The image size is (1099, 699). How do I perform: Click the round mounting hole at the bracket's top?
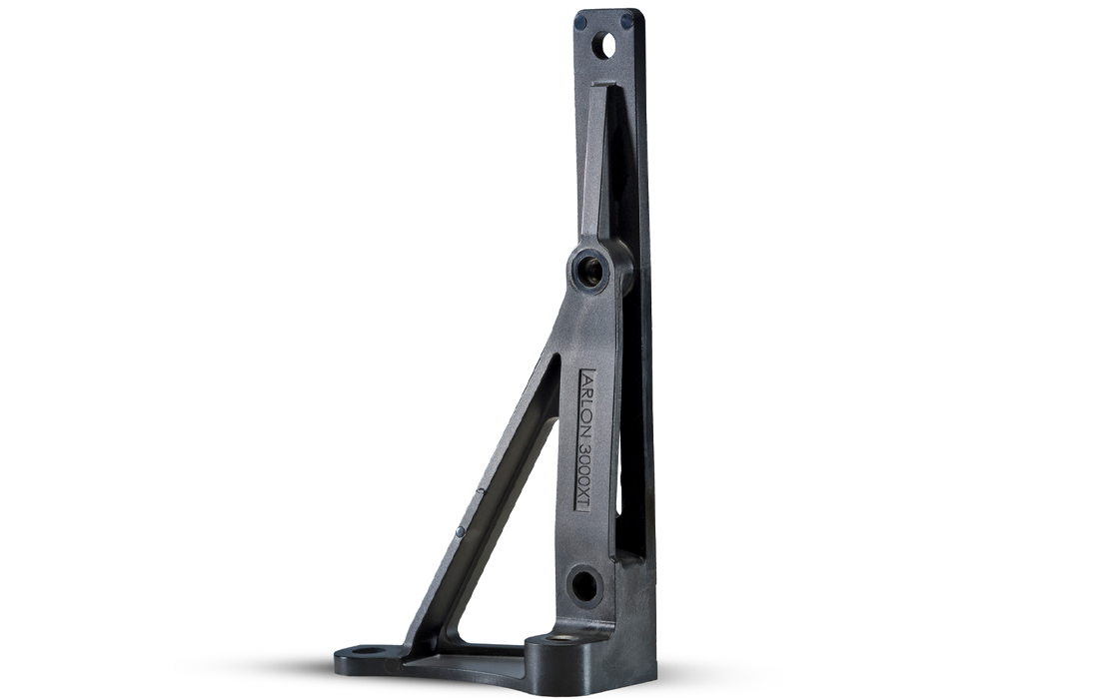(x=604, y=45)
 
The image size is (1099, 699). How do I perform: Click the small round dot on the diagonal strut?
(x=459, y=531)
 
